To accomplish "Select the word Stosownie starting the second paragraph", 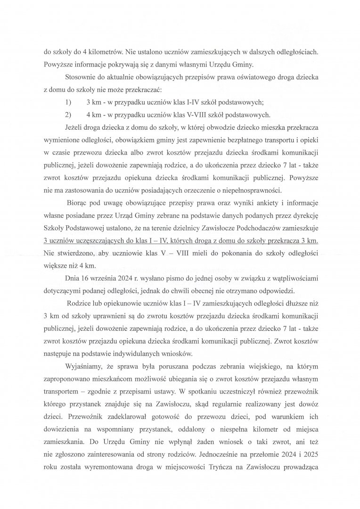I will coord(83,75).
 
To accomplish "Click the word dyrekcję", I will coord(304,216).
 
